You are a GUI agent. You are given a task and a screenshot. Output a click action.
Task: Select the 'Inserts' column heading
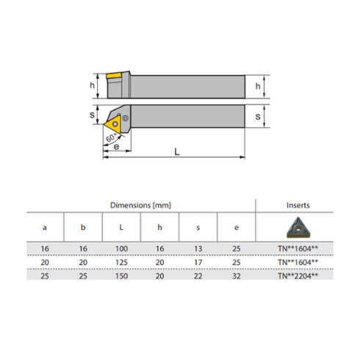coord(298,205)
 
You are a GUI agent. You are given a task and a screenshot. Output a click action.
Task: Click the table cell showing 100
coord(121,248)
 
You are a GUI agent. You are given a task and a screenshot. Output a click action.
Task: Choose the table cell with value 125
coord(121,261)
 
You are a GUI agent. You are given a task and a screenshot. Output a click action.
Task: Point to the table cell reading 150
coord(121,274)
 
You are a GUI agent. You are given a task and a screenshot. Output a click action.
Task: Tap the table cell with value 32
coord(235,274)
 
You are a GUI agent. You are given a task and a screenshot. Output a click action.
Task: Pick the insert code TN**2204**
coord(298,274)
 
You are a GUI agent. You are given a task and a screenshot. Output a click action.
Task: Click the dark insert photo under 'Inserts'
coord(298,226)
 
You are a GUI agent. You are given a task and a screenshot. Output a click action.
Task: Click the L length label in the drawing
coord(178,151)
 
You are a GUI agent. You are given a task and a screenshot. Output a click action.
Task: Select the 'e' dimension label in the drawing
coord(118,147)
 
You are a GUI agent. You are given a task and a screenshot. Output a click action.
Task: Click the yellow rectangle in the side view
coord(115,76)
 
